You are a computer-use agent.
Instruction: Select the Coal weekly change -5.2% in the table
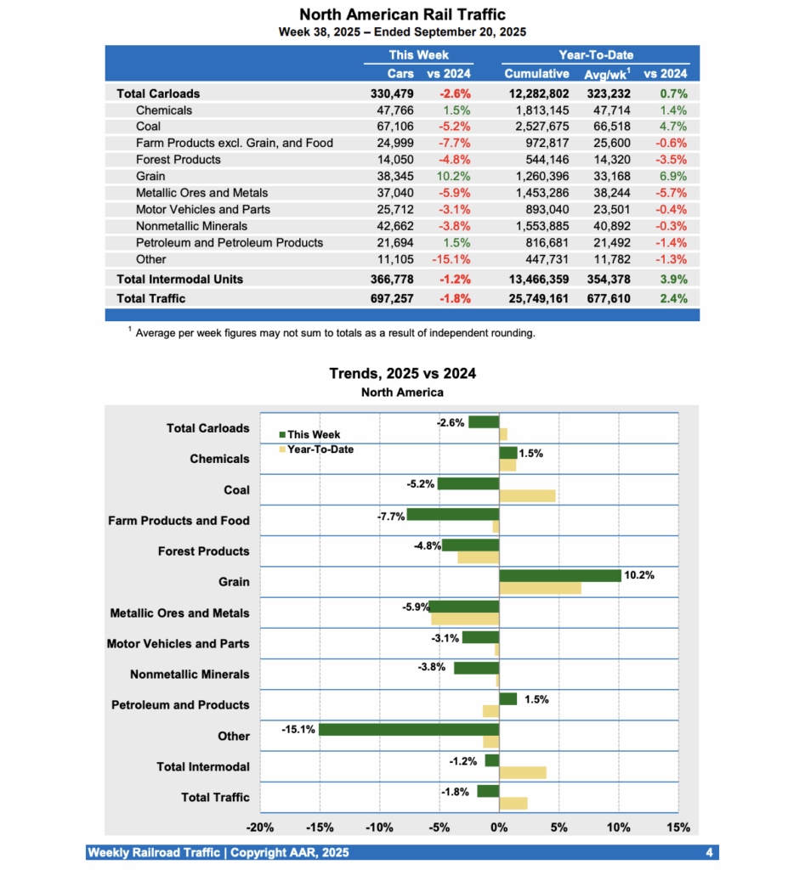[455, 127]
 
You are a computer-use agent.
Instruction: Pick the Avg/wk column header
[604, 74]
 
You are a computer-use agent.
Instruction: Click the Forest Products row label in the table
[178, 160]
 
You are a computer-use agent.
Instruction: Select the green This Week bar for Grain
[559, 575]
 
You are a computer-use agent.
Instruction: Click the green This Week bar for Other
[408, 729]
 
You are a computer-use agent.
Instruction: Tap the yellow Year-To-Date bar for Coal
[527, 495]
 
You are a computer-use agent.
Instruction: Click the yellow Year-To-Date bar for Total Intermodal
[522, 772]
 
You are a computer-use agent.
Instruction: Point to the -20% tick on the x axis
[259, 827]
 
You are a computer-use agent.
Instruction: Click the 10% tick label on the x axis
[618, 827]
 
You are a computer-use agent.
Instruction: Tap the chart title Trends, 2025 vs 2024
[402, 374]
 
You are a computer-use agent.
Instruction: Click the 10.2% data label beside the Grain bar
[639, 575]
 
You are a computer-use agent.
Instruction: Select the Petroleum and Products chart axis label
[180, 705]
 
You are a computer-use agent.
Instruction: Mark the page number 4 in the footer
[708, 852]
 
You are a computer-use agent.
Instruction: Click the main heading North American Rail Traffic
[402, 14]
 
